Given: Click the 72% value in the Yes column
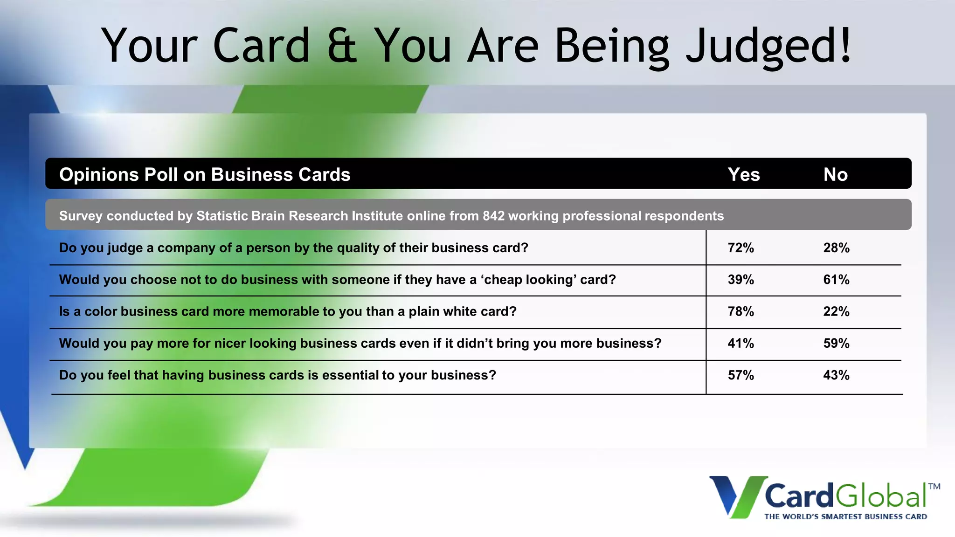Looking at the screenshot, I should [740, 248].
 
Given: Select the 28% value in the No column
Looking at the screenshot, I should [836, 248].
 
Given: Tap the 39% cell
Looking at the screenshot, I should [740, 280].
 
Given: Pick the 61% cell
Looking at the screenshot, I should [836, 280].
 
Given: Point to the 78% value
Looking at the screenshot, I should [740, 311].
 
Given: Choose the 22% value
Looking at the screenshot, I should [836, 311].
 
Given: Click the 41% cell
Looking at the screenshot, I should [740, 344].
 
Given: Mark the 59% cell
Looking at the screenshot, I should [836, 344].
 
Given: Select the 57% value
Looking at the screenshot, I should [740, 375].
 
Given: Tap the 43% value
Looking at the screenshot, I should [836, 375].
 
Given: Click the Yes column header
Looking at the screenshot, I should [744, 174].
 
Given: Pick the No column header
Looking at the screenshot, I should [835, 174].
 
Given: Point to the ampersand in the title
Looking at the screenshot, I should [342, 46].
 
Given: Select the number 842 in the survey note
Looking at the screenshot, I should [493, 216].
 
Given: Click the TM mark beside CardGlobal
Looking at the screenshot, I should [934, 487].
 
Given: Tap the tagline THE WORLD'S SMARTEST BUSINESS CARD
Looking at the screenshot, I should [845, 516].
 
